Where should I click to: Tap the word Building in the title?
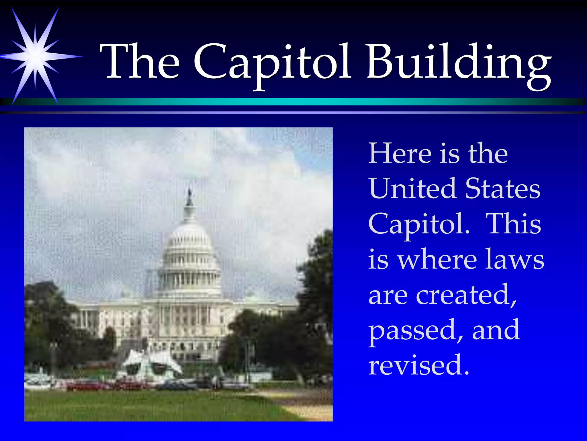point(459,62)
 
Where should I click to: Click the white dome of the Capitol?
point(189,247)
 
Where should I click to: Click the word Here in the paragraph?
point(400,154)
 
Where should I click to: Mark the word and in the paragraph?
point(496,330)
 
